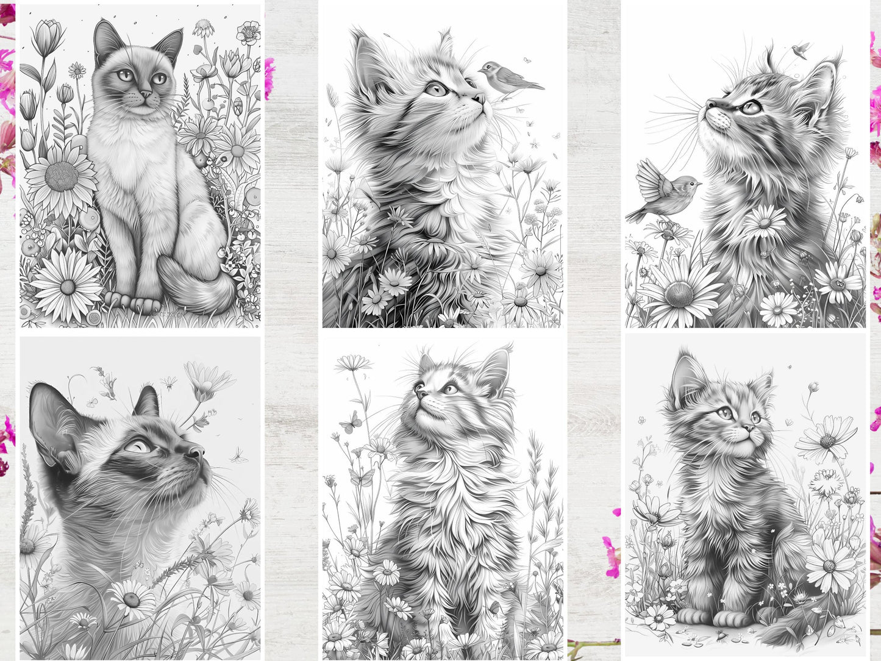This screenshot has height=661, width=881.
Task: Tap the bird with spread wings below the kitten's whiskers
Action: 665,196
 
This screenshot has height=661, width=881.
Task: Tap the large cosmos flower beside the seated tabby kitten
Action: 827,438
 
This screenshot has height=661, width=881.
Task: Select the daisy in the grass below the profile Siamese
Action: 132,597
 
